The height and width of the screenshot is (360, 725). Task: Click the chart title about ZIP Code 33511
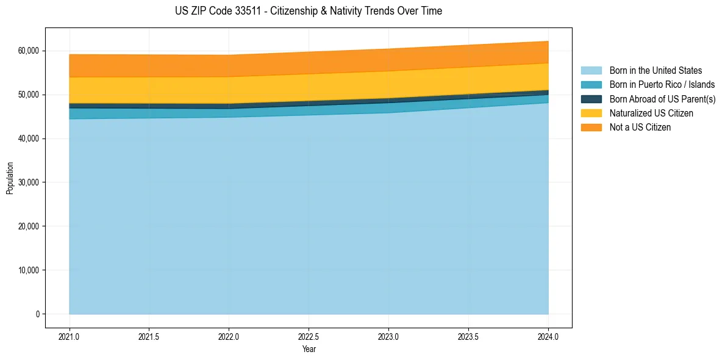click(309, 11)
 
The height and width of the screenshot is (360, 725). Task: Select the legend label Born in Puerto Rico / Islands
click(662, 85)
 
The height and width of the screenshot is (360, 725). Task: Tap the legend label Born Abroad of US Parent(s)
click(662, 99)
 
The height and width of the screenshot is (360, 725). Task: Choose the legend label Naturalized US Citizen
click(651, 113)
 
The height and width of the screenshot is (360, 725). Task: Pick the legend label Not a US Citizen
click(640, 128)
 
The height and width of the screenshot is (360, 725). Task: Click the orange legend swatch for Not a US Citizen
click(591, 128)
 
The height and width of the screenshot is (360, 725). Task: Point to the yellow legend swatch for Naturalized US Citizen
click(591, 113)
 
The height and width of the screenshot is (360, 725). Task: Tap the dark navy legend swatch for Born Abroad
click(591, 99)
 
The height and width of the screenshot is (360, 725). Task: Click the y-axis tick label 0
click(37, 314)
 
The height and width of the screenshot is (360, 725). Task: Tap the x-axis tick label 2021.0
click(70, 336)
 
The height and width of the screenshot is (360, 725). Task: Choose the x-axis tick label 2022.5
click(309, 336)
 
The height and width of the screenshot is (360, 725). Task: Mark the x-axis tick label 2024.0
click(548, 336)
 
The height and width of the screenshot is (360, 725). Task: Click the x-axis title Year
click(309, 349)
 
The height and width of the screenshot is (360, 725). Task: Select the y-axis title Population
click(10, 178)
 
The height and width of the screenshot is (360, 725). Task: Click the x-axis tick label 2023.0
click(388, 336)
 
